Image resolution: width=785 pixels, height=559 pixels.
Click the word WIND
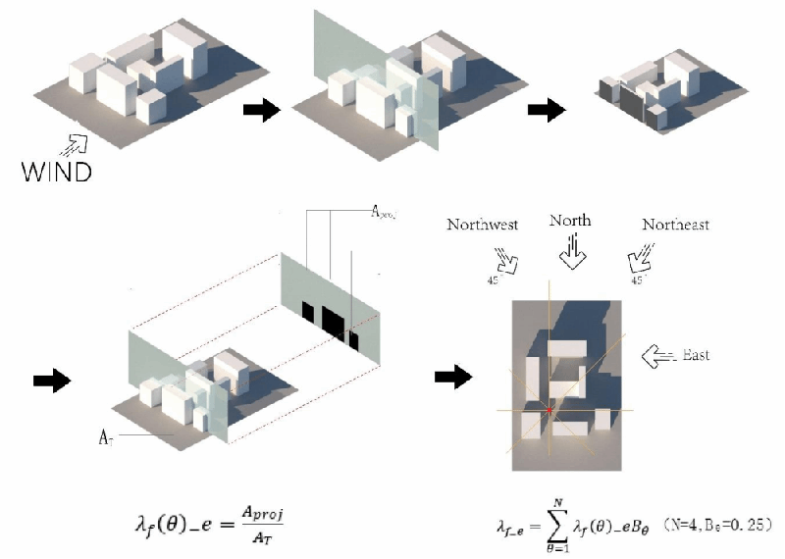click(x=57, y=173)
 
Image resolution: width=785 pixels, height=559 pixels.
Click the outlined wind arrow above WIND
click(x=72, y=146)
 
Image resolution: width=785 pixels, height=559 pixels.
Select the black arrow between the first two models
click(x=261, y=110)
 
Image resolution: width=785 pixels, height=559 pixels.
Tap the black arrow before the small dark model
click(x=548, y=110)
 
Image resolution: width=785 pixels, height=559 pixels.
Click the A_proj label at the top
click(x=383, y=212)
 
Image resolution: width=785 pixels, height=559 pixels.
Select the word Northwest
click(x=482, y=225)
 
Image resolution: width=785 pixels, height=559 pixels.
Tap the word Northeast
click(x=675, y=225)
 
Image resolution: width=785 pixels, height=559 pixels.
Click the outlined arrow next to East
click(x=656, y=356)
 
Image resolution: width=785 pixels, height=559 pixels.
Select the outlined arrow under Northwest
click(x=509, y=261)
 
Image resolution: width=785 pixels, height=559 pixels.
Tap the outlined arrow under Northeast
click(x=639, y=261)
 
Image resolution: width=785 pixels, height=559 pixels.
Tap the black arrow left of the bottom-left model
click(x=52, y=380)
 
